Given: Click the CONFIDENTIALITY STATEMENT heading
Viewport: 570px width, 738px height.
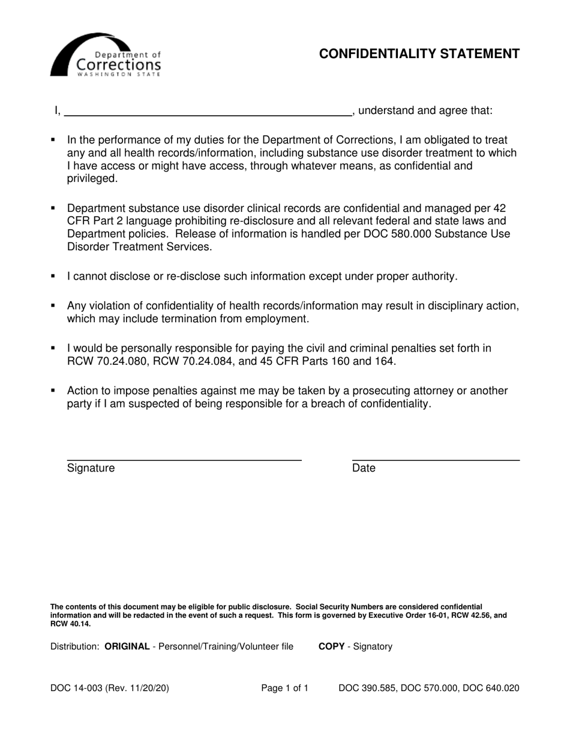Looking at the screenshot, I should coord(419,54).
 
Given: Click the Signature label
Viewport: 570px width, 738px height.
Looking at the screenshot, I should coord(91,468).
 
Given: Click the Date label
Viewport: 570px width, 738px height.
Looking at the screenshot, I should coord(364,468).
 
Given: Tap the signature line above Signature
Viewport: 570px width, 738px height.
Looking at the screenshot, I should coord(184,460).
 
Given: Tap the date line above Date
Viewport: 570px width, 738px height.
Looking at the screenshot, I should coord(435,460).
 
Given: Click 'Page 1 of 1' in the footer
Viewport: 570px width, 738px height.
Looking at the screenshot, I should coord(284,688).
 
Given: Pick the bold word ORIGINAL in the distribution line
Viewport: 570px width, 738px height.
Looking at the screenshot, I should coord(127,646).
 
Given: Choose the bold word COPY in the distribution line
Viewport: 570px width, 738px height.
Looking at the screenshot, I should coord(331,646).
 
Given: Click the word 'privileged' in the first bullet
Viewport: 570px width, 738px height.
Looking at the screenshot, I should coord(91,179).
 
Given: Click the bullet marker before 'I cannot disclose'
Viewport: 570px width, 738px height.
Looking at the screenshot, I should coord(53,276).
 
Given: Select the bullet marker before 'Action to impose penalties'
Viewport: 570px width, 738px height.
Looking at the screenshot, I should coord(53,390).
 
